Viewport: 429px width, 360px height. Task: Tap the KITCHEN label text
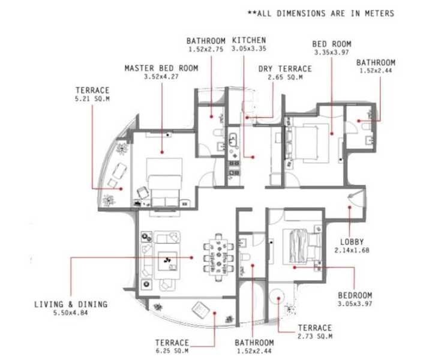[x=245, y=41]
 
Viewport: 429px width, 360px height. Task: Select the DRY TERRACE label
[x=281, y=69]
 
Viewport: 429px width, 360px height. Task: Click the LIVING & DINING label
[x=70, y=304]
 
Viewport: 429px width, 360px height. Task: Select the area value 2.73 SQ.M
[x=314, y=337]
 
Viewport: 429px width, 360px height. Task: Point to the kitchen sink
[x=233, y=142]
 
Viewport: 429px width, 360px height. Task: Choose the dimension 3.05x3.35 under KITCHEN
[x=245, y=49]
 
